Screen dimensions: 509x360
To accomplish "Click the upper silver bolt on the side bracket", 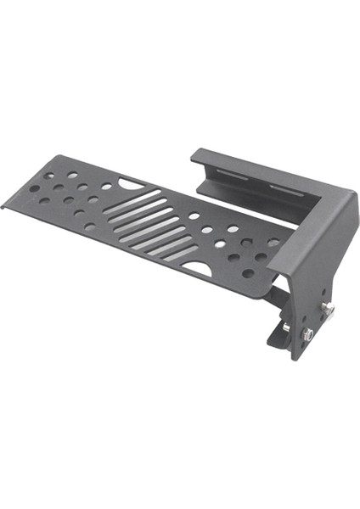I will click(x=326, y=310).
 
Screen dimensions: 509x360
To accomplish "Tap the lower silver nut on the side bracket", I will click(x=309, y=333).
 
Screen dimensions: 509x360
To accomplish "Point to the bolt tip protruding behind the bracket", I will click(x=286, y=327).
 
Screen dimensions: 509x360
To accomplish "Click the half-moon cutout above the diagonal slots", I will click(x=132, y=182).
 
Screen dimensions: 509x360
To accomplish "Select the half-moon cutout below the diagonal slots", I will click(x=197, y=269).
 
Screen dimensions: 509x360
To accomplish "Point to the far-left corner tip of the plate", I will click(x=3, y=206).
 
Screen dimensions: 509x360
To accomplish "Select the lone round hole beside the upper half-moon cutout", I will click(x=107, y=186).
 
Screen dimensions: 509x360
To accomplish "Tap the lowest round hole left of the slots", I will click(x=90, y=227).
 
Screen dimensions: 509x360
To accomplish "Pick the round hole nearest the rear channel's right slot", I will click(x=273, y=242).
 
